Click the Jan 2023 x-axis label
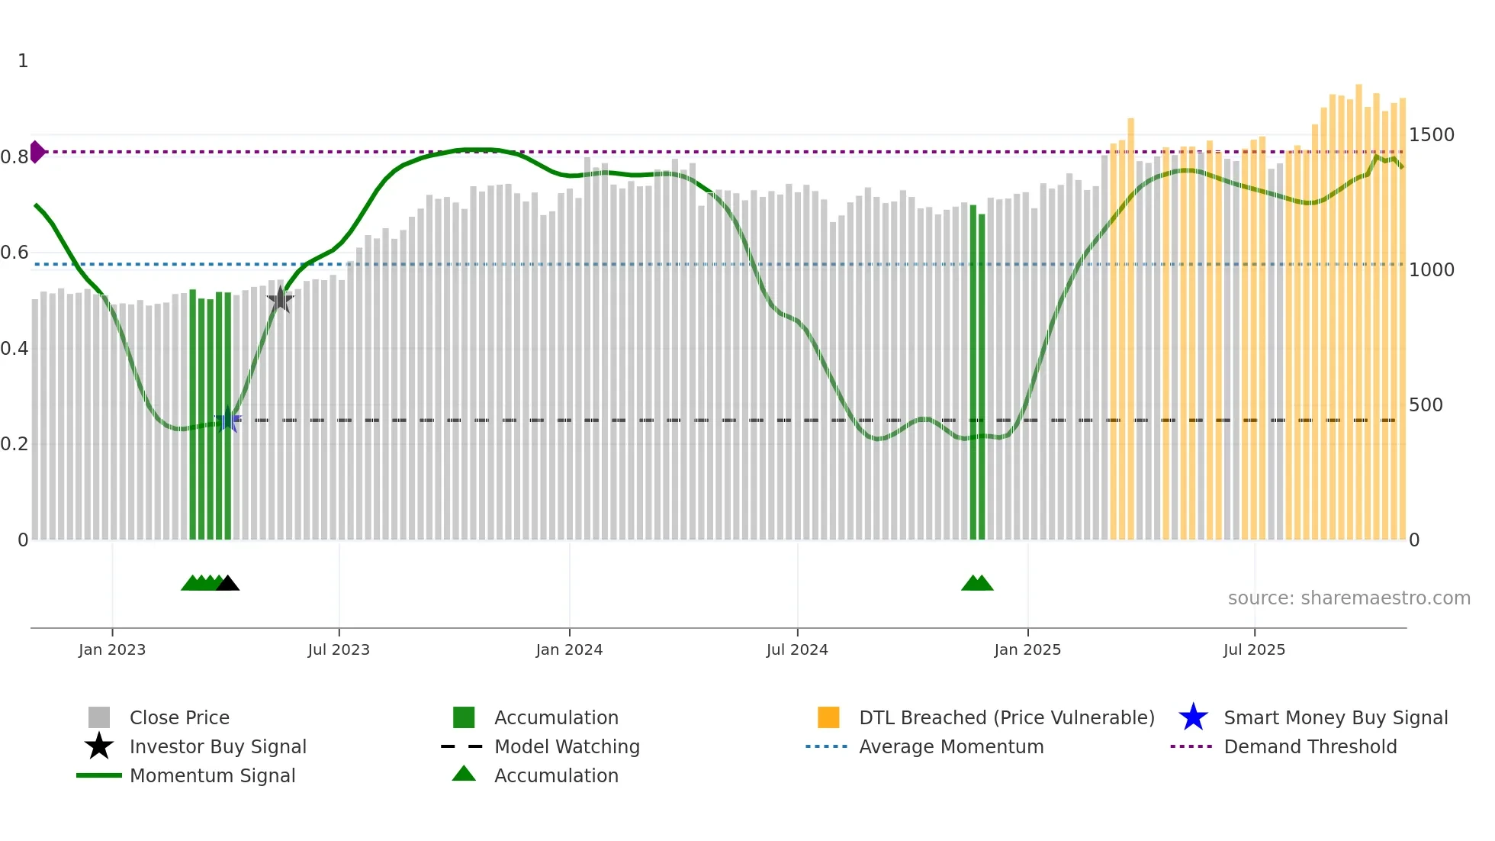click(x=111, y=649)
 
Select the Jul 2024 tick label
click(x=797, y=649)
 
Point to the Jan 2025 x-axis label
click(x=1027, y=649)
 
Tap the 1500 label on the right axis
click(x=1431, y=135)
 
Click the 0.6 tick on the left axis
click(x=15, y=253)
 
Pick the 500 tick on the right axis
click(x=1426, y=404)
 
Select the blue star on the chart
click(x=227, y=420)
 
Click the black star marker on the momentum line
click(x=280, y=299)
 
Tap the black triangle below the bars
click(x=227, y=584)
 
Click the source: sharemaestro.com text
click(x=1349, y=598)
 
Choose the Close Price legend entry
click(x=179, y=717)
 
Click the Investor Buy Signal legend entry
click(x=217, y=746)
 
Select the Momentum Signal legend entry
click(x=212, y=775)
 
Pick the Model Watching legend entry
click(x=567, y=746)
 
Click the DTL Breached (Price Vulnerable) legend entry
click(x=1006, y=717)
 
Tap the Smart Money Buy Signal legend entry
click(x=1335, y=717)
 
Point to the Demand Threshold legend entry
click(x=1310, y=746)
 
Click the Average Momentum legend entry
click(x=950, y=746)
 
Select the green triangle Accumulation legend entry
click(x=556, y=775)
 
